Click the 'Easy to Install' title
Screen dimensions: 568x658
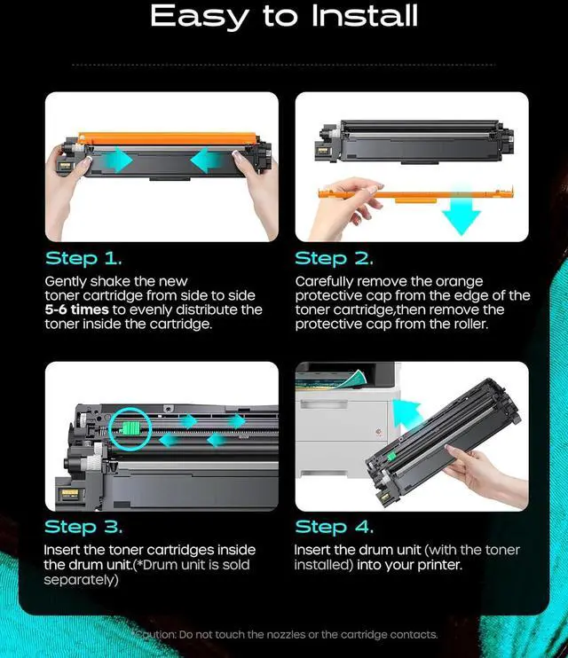[x=284, y=16]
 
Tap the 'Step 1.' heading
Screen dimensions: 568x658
[x=83, y=259]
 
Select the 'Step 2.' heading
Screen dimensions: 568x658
[x=334, y=259]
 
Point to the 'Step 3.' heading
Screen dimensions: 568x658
[x=83, y=527]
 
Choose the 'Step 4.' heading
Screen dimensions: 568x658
[x=334, y=527]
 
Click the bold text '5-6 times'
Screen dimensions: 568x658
[x=77, y=309]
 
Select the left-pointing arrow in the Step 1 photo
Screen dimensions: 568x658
[x=206, y=160]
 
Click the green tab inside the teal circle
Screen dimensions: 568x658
[x=130, y=429]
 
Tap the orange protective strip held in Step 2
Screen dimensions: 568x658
[x=416, y=194]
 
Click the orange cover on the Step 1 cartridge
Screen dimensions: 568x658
[x=167, y=139]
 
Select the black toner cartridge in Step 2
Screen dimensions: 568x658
[x=414, y=142]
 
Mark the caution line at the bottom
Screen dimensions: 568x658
[x=284, y=635]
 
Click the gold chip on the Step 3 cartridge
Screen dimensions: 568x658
[x=70, y=494]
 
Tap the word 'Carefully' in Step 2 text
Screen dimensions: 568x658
[x=324, y=282]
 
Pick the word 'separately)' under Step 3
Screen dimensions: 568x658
[x=81, y=580]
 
